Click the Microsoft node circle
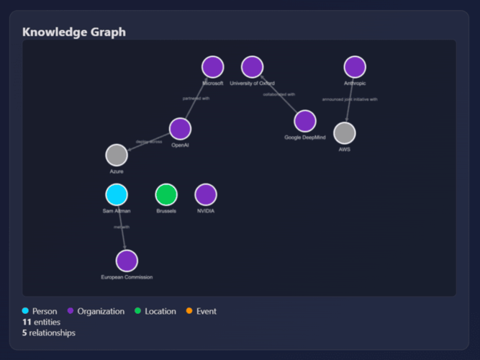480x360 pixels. coord(212,67)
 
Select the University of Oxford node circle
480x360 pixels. coord(252,67)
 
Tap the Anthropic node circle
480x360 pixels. coord(355,67)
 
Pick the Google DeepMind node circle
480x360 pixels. coord(305,121)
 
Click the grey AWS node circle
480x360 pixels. coord(345,133)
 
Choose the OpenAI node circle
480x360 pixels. coord(180,129)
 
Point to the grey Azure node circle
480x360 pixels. coord(117,155)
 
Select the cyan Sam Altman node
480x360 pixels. coord(117,194)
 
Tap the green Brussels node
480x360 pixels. coord(166,194)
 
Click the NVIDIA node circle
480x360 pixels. coord(206,194)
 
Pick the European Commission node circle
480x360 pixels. coord(127,261)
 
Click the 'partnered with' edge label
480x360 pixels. coord(196,98)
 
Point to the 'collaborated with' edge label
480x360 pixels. coord(279,94)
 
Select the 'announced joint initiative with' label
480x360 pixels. coord(350,99)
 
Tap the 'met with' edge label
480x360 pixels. coord(121,228)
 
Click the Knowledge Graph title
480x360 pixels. coord(73,32)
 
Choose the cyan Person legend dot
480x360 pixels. coord(26,311)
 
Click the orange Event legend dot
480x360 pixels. coord(190,311)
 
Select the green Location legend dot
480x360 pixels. coord(138,311)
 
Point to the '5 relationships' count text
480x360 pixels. coord(48,333)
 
